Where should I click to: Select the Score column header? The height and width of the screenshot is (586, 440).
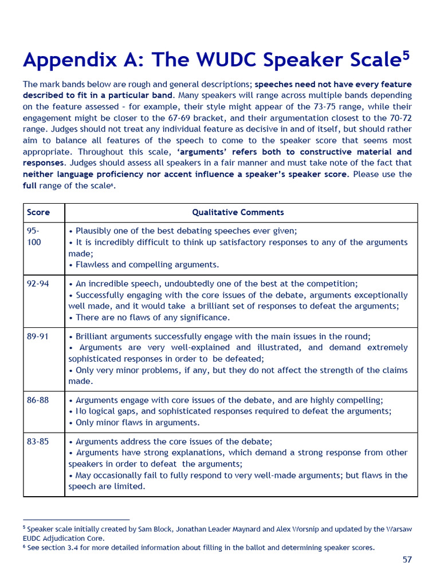[x=38, y=212]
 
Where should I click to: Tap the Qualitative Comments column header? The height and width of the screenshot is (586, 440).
[x=238, y=212]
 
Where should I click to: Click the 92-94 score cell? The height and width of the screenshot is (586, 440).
[x=38, y=284]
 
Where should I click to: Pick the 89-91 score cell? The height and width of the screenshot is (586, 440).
[x=38, y=336]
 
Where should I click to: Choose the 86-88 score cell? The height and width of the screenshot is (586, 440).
[x=38, y=401]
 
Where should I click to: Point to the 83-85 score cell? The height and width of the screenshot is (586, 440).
[x=38, y=442]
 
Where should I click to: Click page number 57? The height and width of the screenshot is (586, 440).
[x=407, y=560]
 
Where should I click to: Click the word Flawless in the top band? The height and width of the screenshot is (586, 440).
[x=93, y=264]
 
